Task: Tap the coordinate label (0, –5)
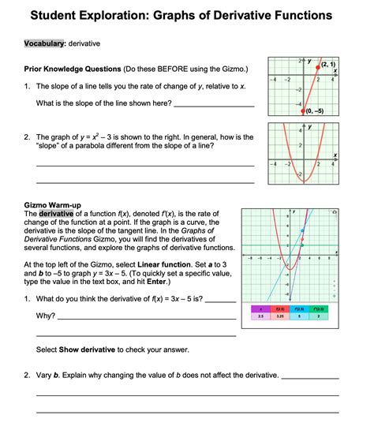point(320,111)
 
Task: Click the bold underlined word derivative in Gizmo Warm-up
point(56,214)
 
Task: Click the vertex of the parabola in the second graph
point(303,181)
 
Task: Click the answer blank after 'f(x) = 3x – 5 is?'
point(220,300)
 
